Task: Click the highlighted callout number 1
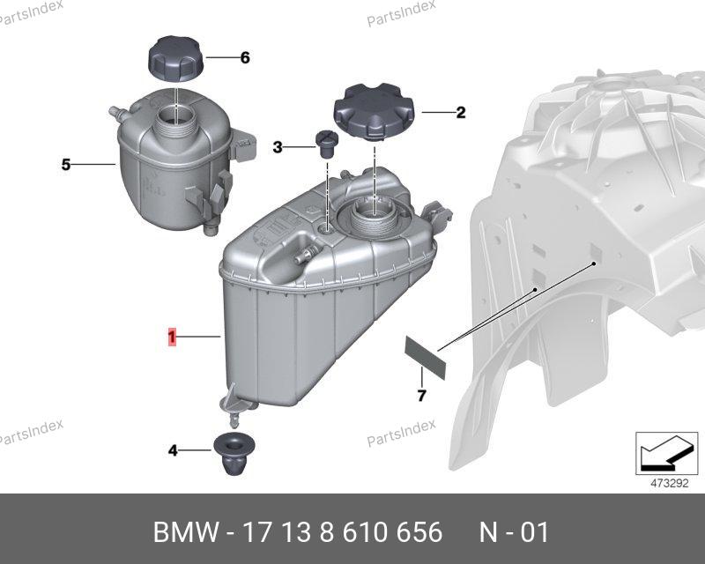(x=172, y=338)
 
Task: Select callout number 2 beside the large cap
(x=461, y=113)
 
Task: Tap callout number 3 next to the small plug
(x=278, y=147)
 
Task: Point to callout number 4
(x=173, y=450)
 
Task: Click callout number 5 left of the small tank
(x=66, y=165)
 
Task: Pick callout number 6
(x=245, y=57)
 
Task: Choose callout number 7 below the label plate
(x=421, y=396)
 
